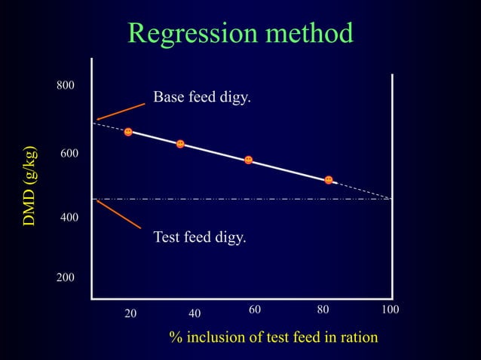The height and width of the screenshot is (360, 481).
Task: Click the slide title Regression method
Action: pyautogui.click(x=240, y=33)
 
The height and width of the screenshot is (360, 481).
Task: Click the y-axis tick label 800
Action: pyautogui.click(x=66, y=86)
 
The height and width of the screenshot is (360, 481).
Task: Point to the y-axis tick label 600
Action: pyautogui.click(x=69, y=154)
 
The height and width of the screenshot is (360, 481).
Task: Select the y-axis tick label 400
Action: pyautogui.click(x=69, y=217)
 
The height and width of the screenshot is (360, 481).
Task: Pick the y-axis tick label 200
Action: pyautogui.click(x=66, y=278)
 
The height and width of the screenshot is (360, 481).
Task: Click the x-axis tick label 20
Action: pyautogui.click(x=130, y=313)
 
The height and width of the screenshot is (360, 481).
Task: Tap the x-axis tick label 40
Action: pyautogui.click(x=194, y=313)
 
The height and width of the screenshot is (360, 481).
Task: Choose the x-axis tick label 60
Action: pyautogui.click(x=255, y=310)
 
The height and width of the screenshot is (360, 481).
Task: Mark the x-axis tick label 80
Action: pyautogui.click(x=323, y=310)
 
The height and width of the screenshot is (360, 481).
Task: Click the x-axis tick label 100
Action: pyautogui.click(x=389, y=310)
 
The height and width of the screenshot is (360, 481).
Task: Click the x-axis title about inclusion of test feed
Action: pyautogui.click(x=273, y=337)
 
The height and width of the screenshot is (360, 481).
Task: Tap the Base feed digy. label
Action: pyautogui.click(x=201, y=98)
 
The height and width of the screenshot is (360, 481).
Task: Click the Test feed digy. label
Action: pyautogui.click(x=199, y=237)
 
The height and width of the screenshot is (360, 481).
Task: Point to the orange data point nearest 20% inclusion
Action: pyautogui.click(x=128, y=132)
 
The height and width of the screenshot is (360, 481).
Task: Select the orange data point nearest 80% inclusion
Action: pyautogui.click(x=329, y=179)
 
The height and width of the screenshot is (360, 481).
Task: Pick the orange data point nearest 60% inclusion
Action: pyautogui.click(x=248, y=160)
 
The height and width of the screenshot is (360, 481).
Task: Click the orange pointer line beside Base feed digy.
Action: pyautogui.click(x=121, y=111)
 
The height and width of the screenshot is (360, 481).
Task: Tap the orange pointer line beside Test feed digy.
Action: pyautogui.click(x=118, y=214)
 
